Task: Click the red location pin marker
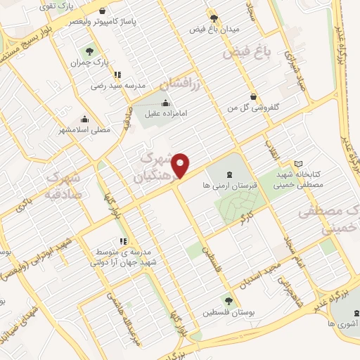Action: pyautogui.click(x=181, y=166)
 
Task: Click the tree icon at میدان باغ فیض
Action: pyautogui.click(x=214, y=18)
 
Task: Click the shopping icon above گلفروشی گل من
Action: pyautogui.click(x=252, y=96)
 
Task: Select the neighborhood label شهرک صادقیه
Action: pyautogui.click(x=64, y=187)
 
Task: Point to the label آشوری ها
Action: pyautogui.click(x=340, y=323)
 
